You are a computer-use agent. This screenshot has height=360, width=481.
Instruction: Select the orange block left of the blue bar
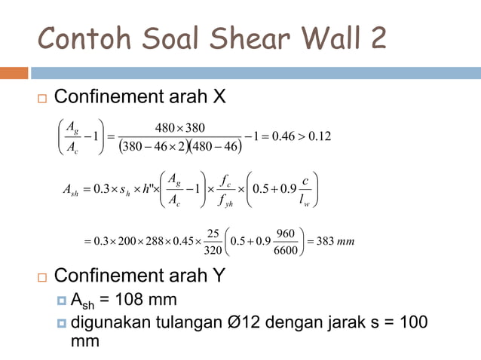click(x=14, y=73)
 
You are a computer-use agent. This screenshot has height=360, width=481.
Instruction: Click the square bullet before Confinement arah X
click(x=41, y=99)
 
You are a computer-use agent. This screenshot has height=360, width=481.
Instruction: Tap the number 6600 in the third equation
click(x=284, y=251)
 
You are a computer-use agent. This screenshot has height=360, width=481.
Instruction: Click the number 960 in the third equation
click(x=284, y=232)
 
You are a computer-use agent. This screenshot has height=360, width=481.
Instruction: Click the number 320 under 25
click(x=213, y=251)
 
